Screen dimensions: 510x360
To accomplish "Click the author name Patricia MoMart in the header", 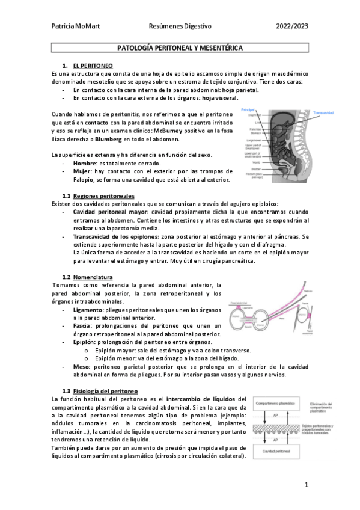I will coord(76,26).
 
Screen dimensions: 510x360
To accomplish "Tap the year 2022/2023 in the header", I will coord(292,26).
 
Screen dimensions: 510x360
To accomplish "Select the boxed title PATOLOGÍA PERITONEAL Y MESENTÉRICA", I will coord(180,47).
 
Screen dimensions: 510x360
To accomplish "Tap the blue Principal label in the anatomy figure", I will coord(248,110).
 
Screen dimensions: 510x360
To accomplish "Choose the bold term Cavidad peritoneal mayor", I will coord(111,212).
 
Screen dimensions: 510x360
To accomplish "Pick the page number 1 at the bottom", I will coord(306,485).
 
